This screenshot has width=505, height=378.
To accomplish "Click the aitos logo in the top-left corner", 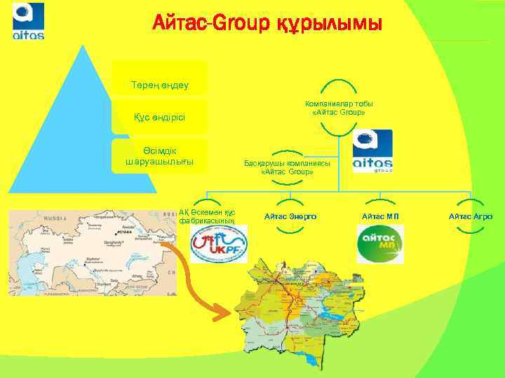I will (x=29, y=21).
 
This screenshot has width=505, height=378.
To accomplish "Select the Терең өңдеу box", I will (x=160, y=85).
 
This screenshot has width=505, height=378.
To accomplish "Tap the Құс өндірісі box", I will (x=160, y=116).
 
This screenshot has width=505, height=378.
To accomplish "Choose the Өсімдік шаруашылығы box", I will (x=160, y=155).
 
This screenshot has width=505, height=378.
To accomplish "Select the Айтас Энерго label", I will (x=290, y=216).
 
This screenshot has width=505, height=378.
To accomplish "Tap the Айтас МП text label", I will (x=380, y=216).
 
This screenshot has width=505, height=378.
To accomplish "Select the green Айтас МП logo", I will (x=379, y=244).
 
